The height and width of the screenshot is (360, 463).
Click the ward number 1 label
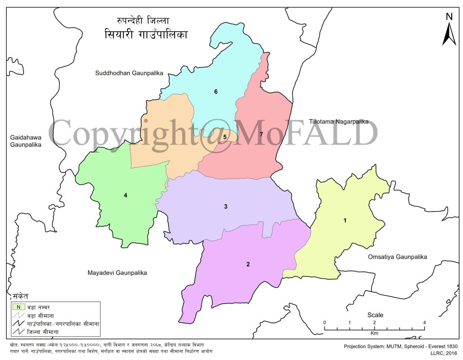tap(345, 220)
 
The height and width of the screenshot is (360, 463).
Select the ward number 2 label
tap(248, 264)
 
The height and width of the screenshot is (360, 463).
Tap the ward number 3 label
tap(226, 207)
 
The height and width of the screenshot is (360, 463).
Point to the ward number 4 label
tap(126, 196)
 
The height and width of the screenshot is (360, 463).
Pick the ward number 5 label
tap(224, 137)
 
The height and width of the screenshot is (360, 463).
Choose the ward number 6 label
tap(216, 92)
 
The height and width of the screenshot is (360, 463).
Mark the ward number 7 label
tap(261, 135)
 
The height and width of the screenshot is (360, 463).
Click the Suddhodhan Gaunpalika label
tap(129, 73)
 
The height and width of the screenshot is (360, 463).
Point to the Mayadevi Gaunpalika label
tap(117, 273)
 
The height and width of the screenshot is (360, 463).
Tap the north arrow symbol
tap(449, 34)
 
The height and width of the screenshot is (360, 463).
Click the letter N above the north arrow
tap(449, 17)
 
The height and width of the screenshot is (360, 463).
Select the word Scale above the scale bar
tap(375, 315)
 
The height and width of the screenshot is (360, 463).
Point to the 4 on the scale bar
tap(424, 322)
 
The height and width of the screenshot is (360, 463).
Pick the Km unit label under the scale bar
tap(374, 333)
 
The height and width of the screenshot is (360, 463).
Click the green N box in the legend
tap(19, 306)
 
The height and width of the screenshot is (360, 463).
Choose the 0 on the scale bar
tap(325, 322)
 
